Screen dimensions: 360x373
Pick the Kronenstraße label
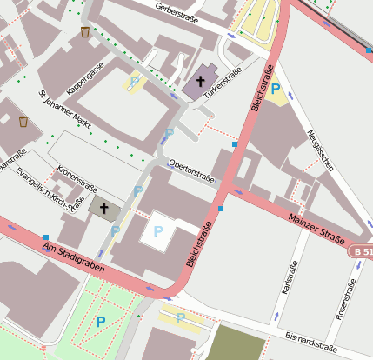click(77, 177)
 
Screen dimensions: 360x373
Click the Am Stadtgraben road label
click(74, 260)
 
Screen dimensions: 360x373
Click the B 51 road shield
click(362, 251)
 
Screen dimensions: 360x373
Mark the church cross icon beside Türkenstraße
click(199, 83)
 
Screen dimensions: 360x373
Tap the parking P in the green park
click(101, 322)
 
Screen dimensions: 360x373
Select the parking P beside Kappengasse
click(134, 83)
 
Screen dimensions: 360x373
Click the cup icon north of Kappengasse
click(84, 32)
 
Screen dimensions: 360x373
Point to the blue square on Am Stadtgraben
click(45, 237)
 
